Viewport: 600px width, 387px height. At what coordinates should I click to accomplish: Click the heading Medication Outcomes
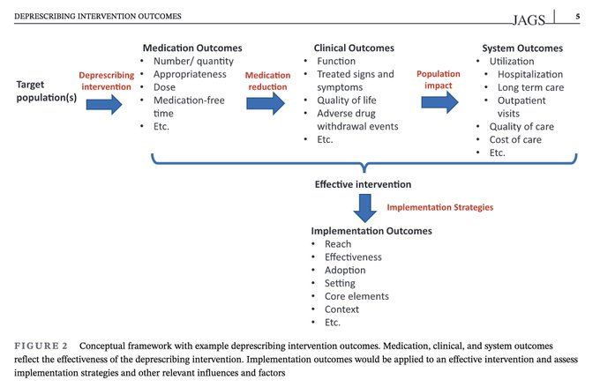tap(192, 48)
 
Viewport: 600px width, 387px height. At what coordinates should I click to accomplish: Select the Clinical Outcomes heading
tap(354, 48)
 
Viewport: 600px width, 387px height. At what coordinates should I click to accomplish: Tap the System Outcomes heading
tap(522, 48)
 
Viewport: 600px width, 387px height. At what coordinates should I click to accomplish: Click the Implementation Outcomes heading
tap(371, 231)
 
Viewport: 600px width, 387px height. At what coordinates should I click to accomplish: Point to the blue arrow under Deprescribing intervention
tap(104, 104)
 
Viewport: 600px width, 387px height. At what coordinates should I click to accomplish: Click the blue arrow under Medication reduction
tap(266, 103)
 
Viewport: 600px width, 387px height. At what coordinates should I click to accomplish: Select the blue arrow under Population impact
tap(439, 102)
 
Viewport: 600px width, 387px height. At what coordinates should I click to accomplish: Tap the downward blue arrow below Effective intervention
tap(364, 208)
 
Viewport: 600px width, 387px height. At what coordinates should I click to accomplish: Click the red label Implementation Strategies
tap(440, 207)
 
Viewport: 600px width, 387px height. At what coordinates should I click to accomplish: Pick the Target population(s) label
tap(46, 91)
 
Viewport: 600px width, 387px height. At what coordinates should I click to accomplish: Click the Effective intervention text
tap(363, 184)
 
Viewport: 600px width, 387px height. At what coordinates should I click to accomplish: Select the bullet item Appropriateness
tap(190, 74)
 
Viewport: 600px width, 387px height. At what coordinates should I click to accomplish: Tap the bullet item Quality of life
tap(346, 100)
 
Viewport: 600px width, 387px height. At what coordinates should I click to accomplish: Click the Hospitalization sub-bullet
tap(530, 74)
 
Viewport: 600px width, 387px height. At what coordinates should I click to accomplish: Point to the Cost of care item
tap(515, 139)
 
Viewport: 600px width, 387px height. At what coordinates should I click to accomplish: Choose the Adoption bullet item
tap(345, 270)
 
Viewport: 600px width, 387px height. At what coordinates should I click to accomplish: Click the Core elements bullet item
tap(356, 296)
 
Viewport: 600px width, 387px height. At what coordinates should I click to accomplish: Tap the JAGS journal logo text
tap(529, 20)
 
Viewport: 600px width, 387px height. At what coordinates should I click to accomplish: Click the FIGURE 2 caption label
tap(41, 346)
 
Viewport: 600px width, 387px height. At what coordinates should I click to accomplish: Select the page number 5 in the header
tap(578, 16)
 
